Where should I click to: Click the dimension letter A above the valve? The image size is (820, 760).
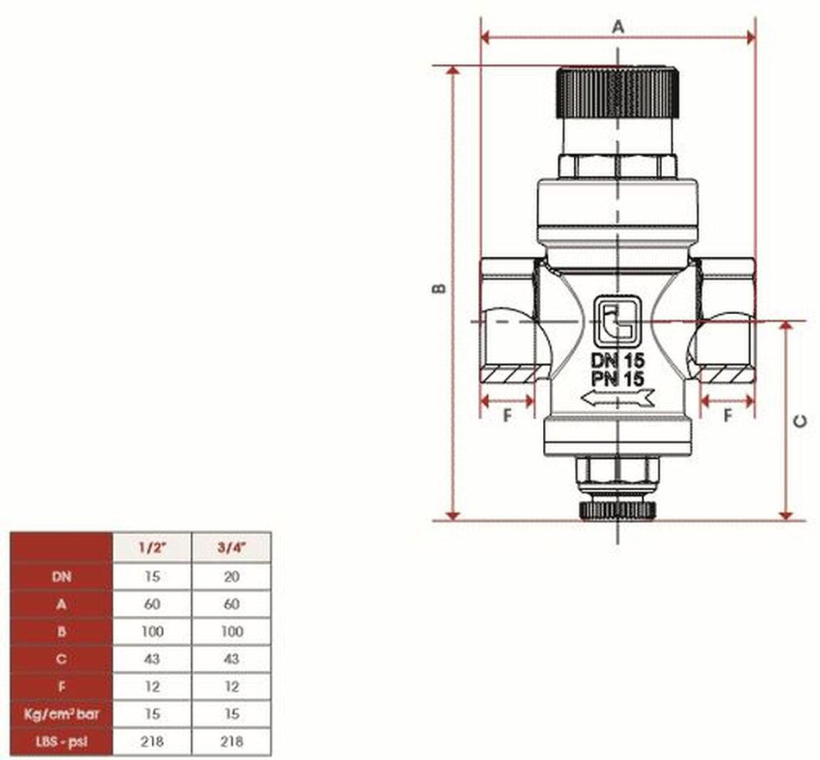point(618,27)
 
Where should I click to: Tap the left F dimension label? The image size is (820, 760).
point(507,415)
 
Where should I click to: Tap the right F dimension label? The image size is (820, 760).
point(728,415)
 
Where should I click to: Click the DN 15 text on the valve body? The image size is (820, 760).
point(618,361)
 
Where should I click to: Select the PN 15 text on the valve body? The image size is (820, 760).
point(618,378)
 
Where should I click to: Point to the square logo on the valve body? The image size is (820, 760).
point(618,320)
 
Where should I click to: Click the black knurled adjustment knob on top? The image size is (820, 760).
point(618,92)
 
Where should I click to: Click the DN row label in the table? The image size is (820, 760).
point(60,576)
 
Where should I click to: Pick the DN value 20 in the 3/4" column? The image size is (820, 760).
point(230,576)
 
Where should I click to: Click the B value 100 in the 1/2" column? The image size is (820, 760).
point(153,631)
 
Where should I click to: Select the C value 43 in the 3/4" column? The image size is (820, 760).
point(230,659)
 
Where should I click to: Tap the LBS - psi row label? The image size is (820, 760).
point(60,741)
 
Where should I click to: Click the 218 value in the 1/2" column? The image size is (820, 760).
point(153,741)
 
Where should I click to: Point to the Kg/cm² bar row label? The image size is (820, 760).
point(60,714)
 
